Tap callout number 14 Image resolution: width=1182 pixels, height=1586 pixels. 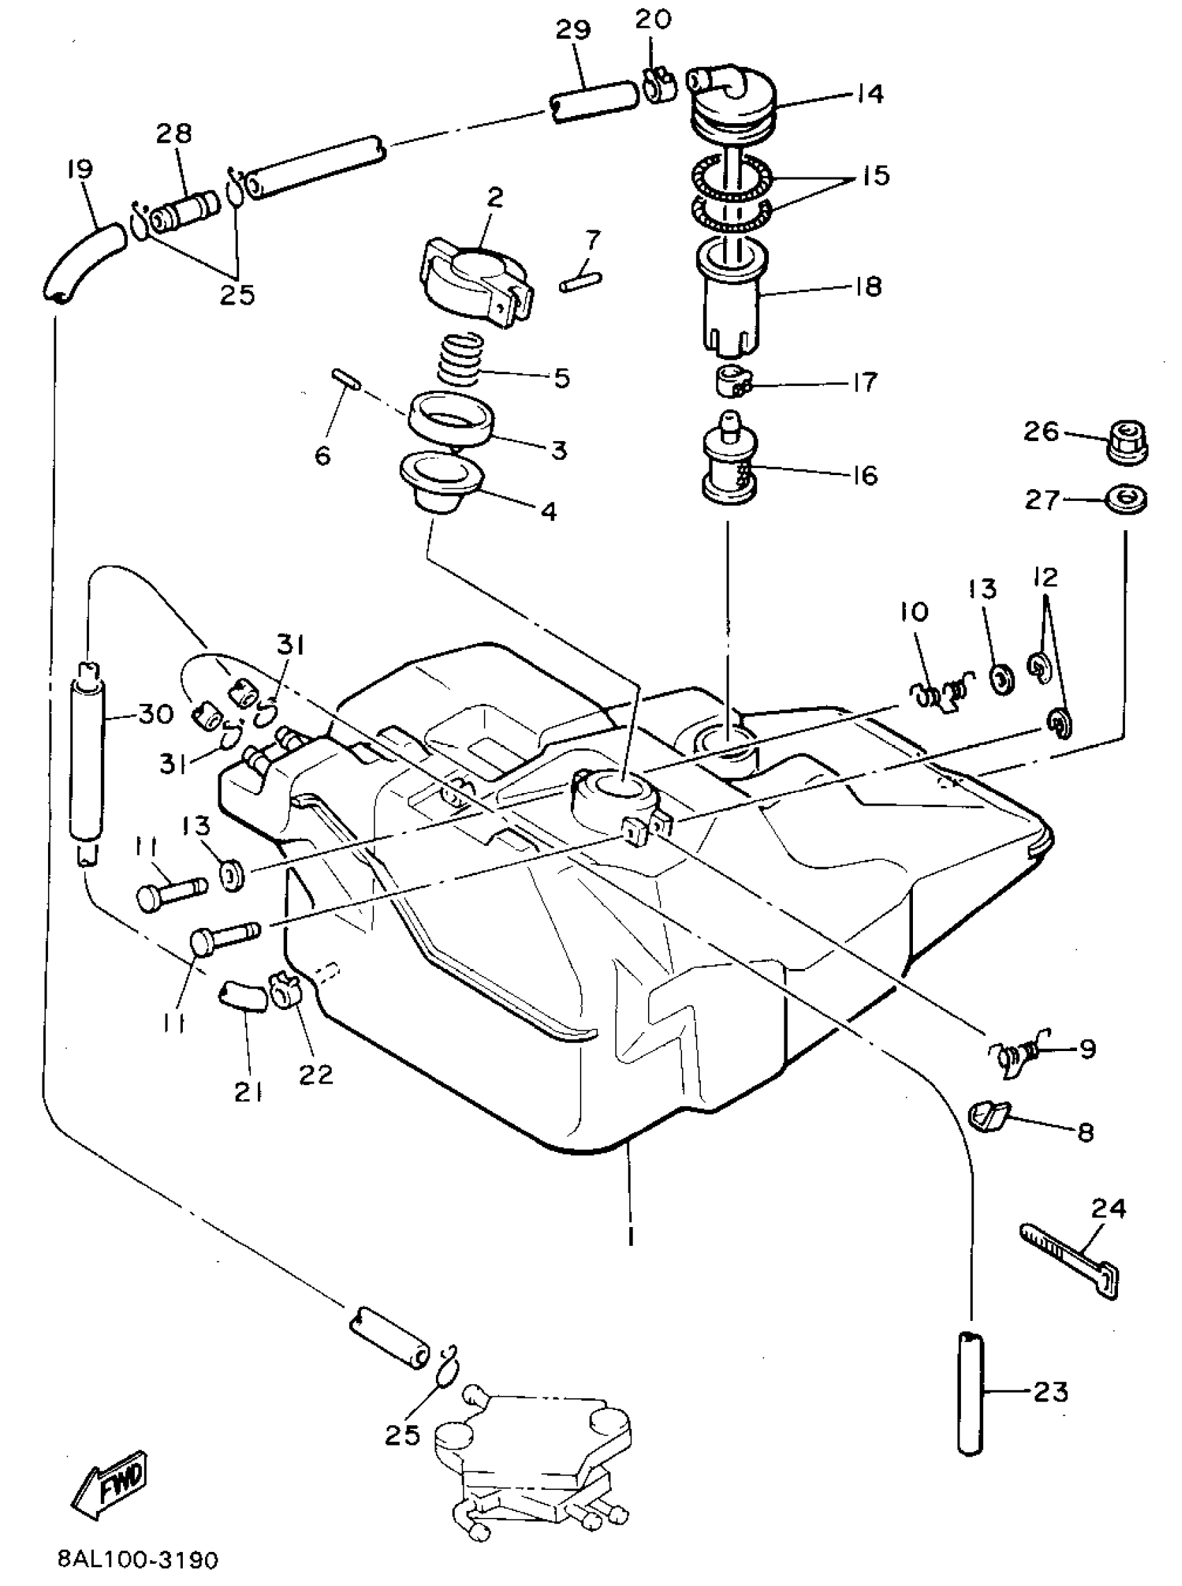(869, 94)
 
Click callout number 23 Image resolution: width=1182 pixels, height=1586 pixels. (1051, 1392)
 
